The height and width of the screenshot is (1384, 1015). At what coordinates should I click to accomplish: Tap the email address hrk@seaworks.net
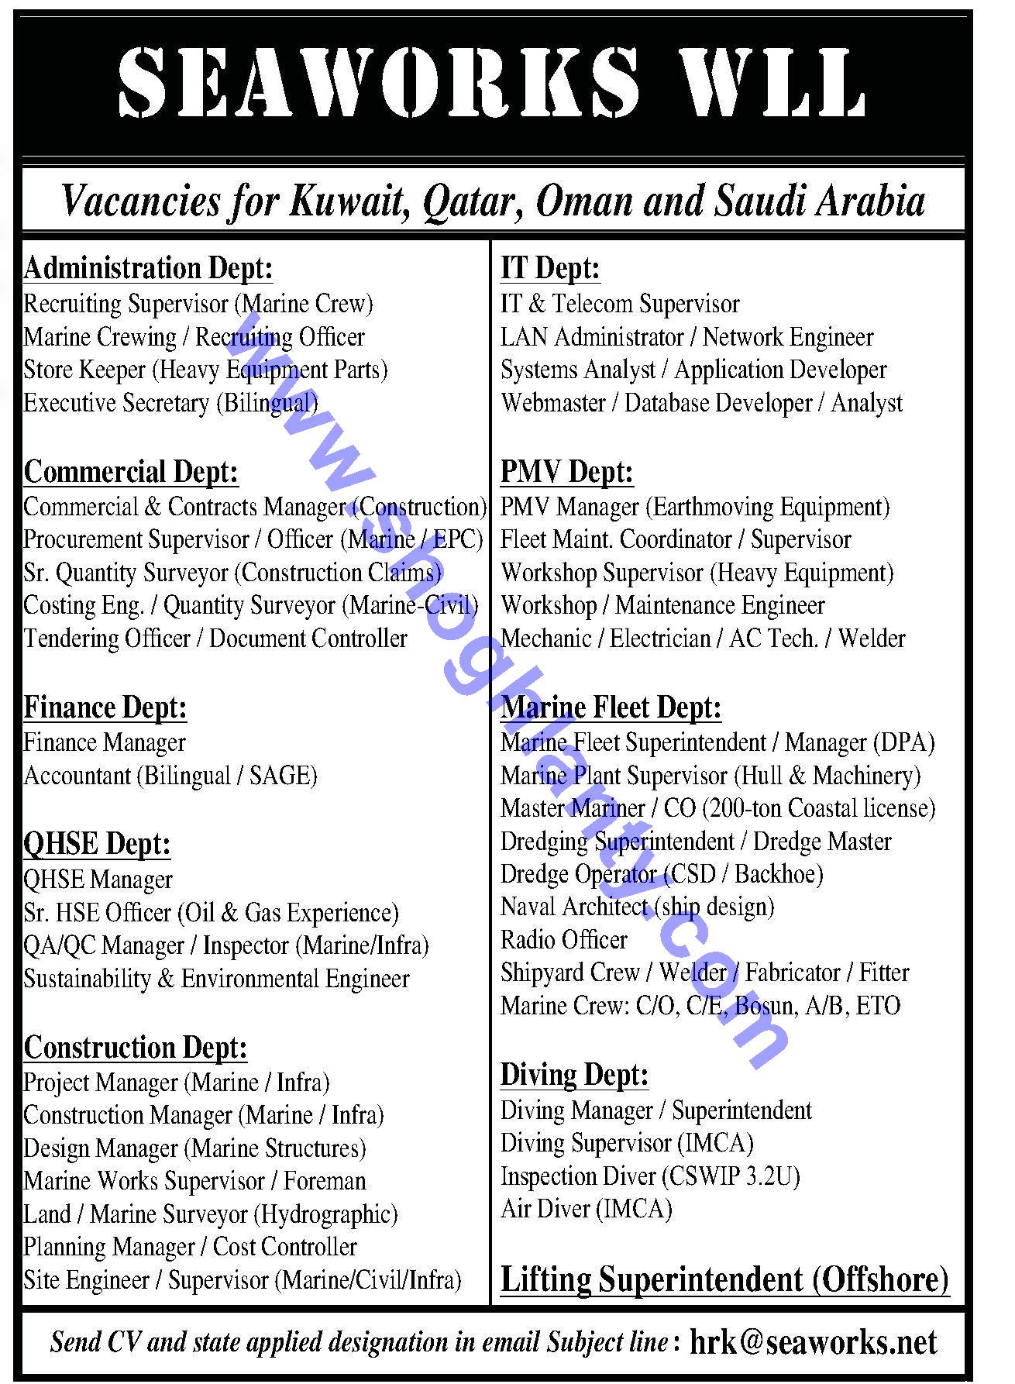point(813,1342)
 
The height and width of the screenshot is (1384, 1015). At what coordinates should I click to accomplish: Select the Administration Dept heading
point(148,269)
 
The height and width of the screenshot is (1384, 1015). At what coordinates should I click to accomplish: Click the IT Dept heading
point(550,269)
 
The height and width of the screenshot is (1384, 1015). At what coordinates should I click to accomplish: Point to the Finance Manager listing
point(105,742)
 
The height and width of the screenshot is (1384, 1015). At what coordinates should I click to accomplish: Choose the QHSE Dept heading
point(97,844)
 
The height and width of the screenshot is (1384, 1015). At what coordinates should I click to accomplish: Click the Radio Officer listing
point(563,940)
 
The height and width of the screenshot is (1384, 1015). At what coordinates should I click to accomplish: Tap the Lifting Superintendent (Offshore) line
point(724,1279)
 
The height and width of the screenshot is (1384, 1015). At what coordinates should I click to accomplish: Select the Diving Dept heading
point(574,1075)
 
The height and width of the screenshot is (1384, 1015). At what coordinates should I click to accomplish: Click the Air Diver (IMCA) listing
point(586,1209)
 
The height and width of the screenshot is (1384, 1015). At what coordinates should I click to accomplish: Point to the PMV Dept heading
point(566,472)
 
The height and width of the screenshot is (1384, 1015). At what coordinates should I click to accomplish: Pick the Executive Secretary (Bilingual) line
point(170,403)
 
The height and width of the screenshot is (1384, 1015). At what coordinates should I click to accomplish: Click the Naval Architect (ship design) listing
point(637,907)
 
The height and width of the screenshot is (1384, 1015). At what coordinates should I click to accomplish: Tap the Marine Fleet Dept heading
point(611,707)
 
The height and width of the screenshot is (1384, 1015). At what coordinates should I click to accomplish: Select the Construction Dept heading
point(136,1048)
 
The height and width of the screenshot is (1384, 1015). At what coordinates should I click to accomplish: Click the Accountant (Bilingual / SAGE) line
point(170,776)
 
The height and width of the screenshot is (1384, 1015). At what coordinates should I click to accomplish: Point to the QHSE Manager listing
point(98,880)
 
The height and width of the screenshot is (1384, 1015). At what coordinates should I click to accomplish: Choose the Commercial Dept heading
point(131,472)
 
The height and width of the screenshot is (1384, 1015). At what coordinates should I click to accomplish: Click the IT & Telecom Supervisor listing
point(620,304)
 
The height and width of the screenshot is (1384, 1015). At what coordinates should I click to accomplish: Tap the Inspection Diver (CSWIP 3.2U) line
point(650,1176)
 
